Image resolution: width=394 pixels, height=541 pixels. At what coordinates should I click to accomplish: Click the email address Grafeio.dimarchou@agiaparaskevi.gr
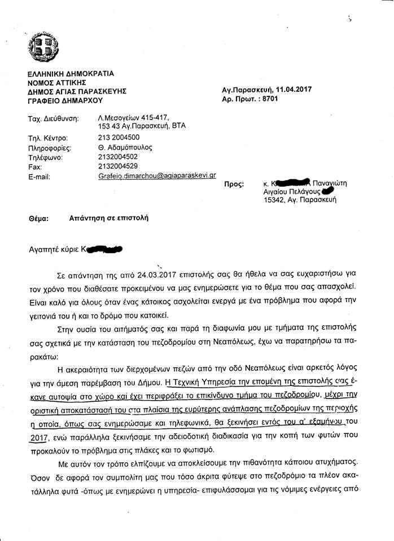(157, 175)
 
